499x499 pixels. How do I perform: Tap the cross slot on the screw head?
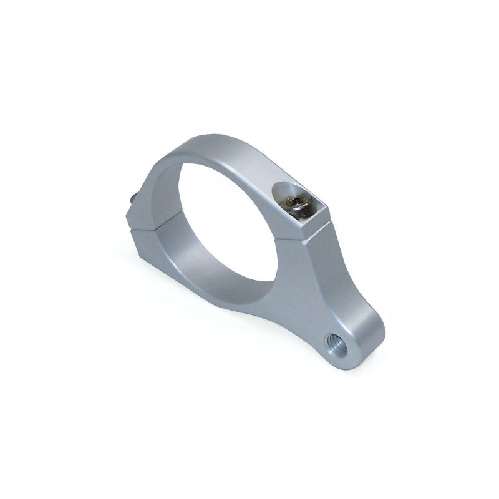click(x=298, y=203)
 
